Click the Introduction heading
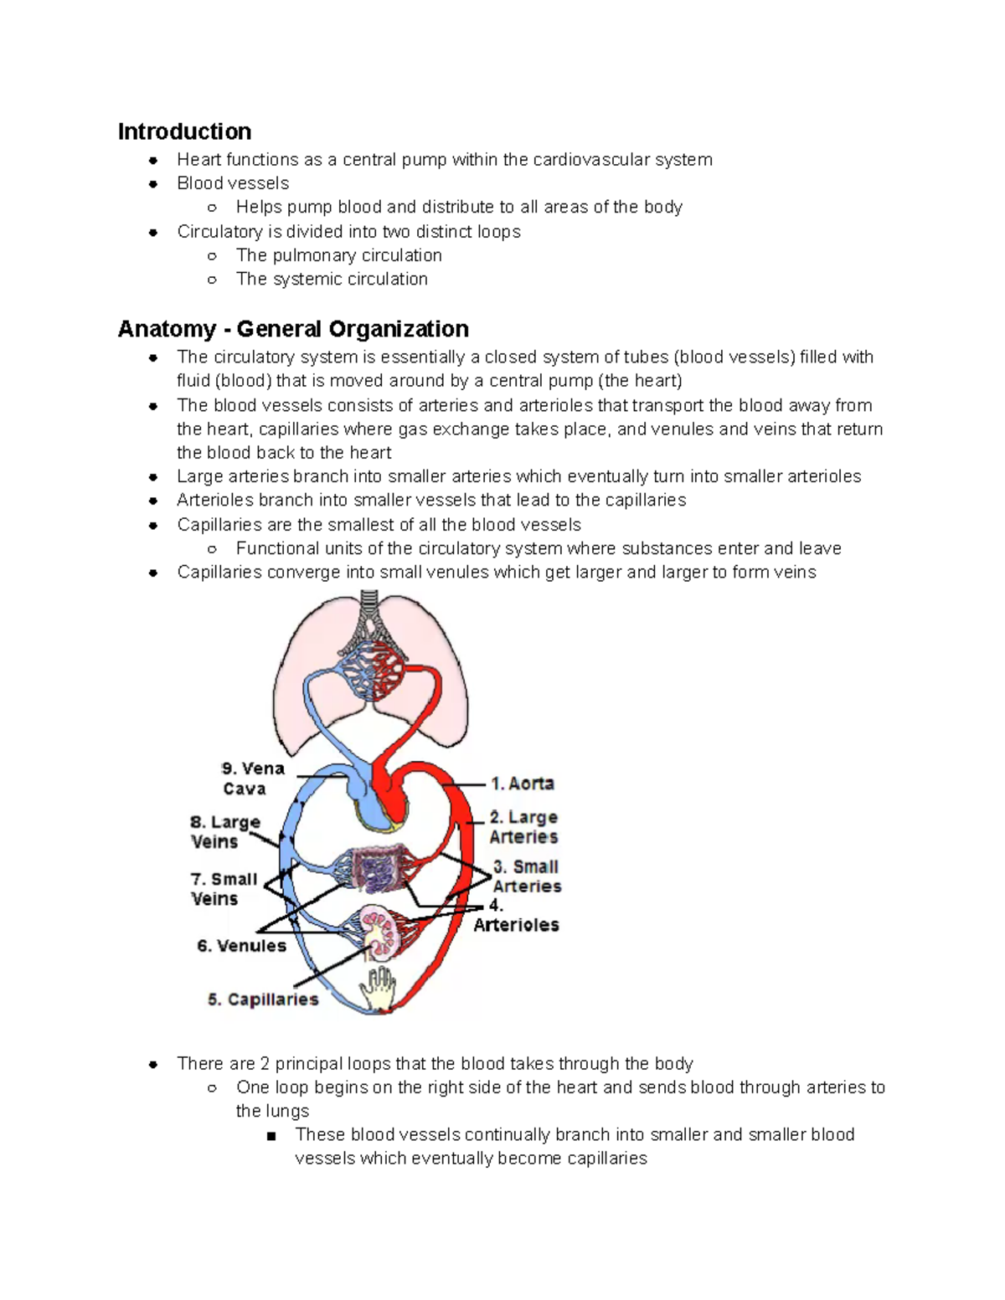[184, 131]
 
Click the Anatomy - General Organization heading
[293, 329]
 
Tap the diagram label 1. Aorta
[523, 784]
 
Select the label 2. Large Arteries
[523, 827]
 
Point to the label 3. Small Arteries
[527, 876]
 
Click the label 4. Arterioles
[516, 917]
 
